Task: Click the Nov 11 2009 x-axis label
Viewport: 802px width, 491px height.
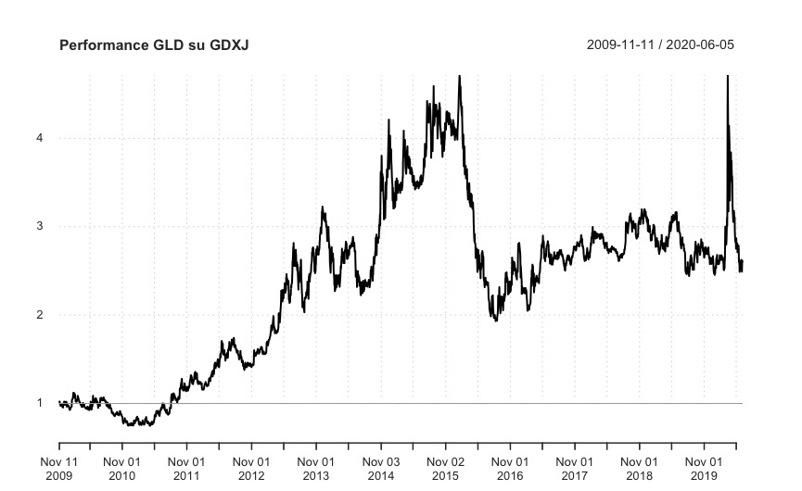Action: [x=57, y=468]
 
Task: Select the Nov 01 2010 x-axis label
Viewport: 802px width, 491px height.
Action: [x=122, y=468]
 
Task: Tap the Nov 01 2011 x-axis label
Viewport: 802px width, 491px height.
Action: [x=186, y=468]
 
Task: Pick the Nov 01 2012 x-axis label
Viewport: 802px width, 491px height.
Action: [x=251, y=468]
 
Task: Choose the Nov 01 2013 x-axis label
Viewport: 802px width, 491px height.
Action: [x=316, y=468]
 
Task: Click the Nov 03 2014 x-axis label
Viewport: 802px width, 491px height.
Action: [x=380, y=468]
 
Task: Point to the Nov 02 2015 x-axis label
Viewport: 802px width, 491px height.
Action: [x=445, y=468]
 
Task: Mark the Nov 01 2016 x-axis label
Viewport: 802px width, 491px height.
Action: [x=510, y=468]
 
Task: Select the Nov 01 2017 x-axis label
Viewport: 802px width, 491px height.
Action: [x=574, y=468]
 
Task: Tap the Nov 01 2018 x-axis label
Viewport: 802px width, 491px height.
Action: [x=639, y=468]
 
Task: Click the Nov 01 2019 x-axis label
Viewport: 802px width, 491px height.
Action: [x=704, y=468]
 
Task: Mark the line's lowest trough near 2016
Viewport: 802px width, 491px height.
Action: [x=496, y=320]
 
